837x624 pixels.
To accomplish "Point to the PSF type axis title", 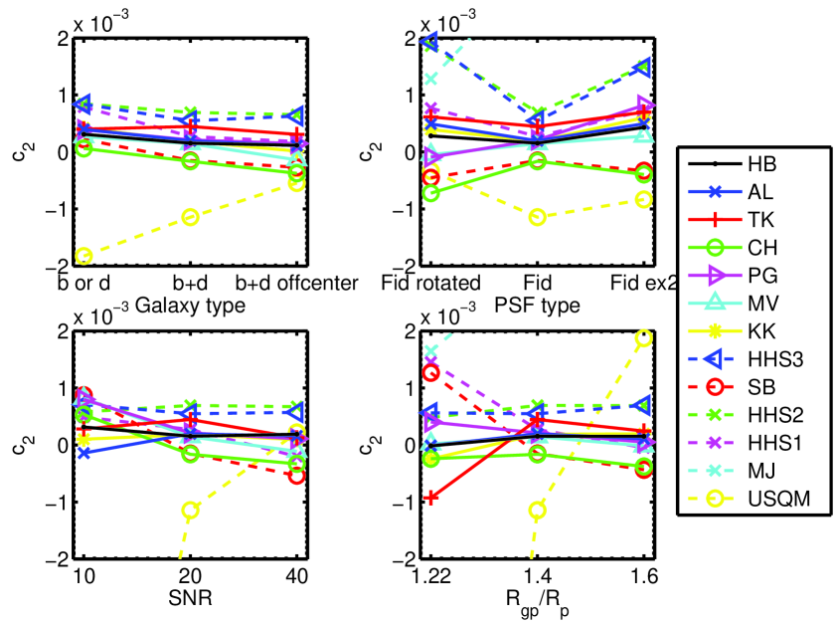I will tap(538, 305).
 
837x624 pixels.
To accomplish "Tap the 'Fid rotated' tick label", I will tap(431, 284).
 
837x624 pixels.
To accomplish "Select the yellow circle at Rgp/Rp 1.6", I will tap(644, 337).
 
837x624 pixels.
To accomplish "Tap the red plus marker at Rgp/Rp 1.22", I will tap(431, 497).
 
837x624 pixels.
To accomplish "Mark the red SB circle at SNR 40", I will tap(296, 476).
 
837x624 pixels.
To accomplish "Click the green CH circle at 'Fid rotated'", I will tap(431, 193).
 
